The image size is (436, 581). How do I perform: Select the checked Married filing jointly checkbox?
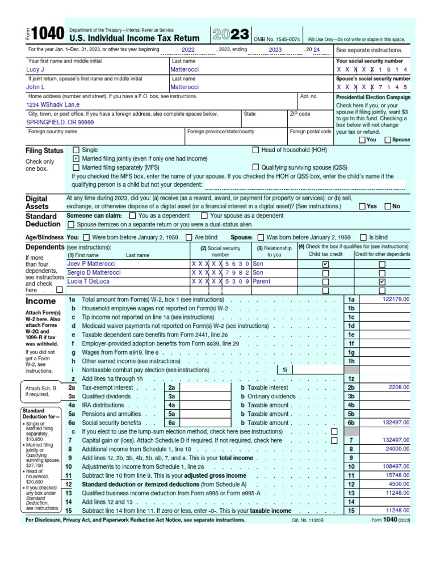[76, 159]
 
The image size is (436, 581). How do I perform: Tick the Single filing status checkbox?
[76, 150]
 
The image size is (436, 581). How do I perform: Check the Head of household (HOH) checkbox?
[255, 150]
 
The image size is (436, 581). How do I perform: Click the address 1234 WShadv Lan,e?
[53, 105]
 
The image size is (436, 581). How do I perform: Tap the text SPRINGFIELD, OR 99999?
[60, 122]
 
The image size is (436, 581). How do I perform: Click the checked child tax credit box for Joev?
[325, 264]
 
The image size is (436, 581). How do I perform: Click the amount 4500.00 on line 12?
[399, 483]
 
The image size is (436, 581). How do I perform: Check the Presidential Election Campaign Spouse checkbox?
[388, 140]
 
